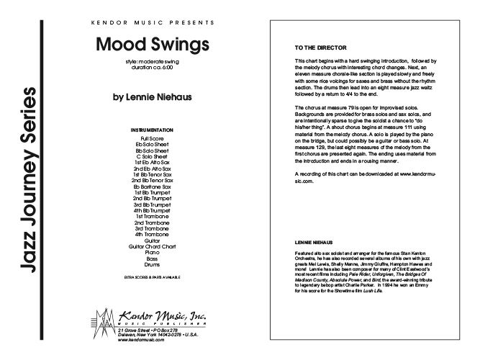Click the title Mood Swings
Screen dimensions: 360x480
[152, 43]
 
